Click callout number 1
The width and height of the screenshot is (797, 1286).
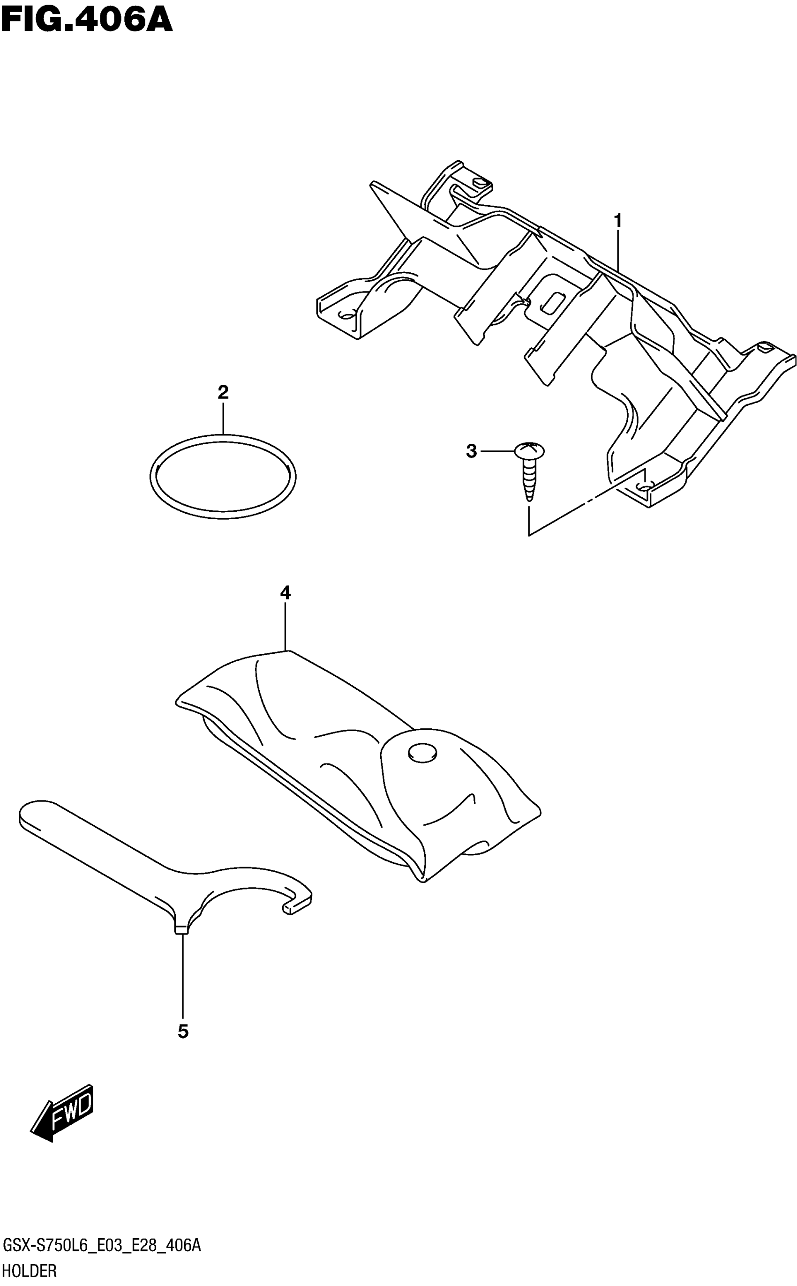point(618,220)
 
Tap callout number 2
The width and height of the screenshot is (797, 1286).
point(223,392)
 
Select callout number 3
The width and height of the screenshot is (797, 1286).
point(471,451)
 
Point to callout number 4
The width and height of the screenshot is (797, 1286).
point(285,593)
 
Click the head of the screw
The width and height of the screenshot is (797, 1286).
point(529,450)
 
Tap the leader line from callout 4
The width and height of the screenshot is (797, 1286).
point(285,627)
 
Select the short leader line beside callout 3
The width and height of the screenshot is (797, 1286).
point(496,451)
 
